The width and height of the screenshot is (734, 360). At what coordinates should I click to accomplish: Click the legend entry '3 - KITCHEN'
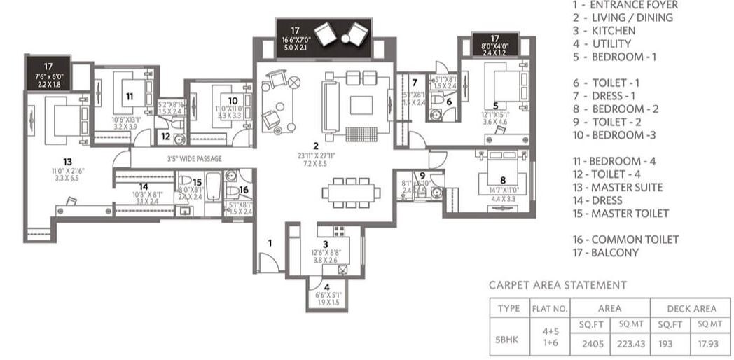[x=604, y=30]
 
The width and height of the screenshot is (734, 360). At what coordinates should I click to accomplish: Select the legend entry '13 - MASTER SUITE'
[x=617, y=187]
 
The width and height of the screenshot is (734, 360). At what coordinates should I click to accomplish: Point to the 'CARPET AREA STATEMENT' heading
[x=558, y=285]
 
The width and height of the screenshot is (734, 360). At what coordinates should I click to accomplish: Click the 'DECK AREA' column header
[x=690, y=308]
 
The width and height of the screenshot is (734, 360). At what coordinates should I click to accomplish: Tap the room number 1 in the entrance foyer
[x=269, y=242]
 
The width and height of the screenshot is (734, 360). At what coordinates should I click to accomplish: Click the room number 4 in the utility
[x=326, y=286]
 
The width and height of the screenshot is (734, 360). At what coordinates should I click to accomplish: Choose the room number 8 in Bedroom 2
[x=502, y=179]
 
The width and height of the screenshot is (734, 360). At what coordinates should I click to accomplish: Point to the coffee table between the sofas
[x=361, y=104]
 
